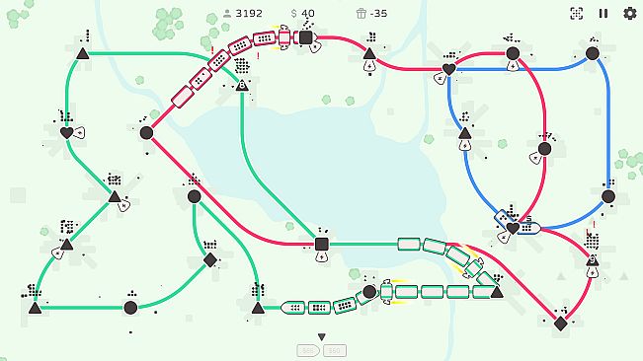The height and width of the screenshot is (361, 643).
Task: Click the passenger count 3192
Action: (x=242, y=14)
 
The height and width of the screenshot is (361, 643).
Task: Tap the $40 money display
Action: (x=302, y=14)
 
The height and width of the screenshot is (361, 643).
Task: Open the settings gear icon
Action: (x=629, y=14)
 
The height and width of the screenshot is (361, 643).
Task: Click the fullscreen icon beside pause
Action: (x=577, y=14)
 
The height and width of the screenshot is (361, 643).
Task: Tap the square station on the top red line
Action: (x=306, y=37)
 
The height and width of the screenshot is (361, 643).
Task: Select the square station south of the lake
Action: (x=321, y=244)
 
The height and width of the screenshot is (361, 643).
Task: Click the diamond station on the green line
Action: (x=209, y=260)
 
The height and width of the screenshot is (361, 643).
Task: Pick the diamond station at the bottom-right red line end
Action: (x=560, y=324)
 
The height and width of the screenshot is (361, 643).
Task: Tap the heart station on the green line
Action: (x=66, y=132)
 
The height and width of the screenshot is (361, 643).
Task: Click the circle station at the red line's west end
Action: (x=146, y=132)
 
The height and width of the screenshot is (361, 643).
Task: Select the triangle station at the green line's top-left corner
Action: (x=82, y=53)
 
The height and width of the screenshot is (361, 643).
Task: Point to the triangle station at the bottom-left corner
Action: (x=36, y=308)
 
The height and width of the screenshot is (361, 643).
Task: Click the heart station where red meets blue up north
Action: (x=448, y=70)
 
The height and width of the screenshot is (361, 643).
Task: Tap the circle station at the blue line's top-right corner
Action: (x=593, y=53)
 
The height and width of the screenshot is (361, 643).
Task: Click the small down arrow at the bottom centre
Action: (x=321, y=337)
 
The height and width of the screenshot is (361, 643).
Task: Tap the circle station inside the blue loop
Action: (x=542, y=149)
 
